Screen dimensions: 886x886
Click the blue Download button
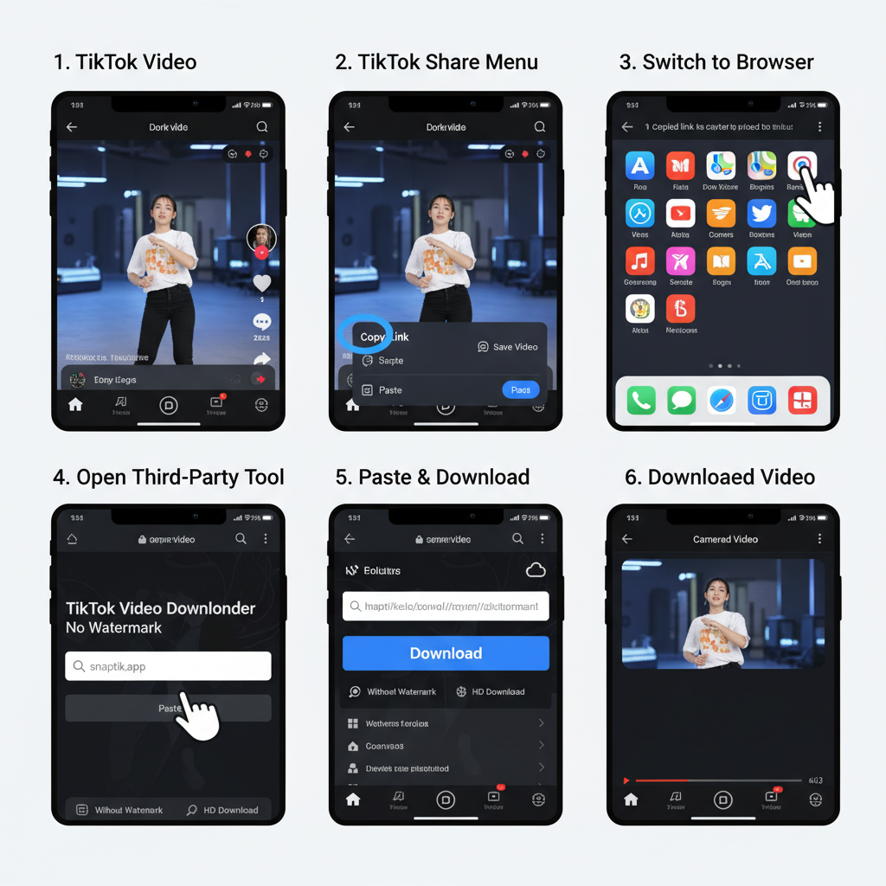click(446, 653)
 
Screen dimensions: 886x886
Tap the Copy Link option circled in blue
click(372, 337)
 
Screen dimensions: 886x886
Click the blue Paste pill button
click(520, 390)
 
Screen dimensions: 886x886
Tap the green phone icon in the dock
click(641, 401)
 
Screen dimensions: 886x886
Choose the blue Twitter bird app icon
click(761, 214)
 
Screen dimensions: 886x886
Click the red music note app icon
click(640, 261)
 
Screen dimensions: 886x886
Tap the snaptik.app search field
click(168, 666)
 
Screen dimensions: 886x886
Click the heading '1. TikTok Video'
click(125, 62)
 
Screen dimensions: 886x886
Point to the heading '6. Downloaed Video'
click(720, 477)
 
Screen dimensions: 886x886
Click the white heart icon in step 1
click(261, 283)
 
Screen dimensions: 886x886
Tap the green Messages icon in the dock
click(682, 401)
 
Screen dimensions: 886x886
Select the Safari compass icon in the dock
click(722, 401)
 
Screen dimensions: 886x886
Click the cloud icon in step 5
click(536, 570)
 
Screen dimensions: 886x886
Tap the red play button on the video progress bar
click(626, 780)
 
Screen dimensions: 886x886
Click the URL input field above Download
click(446, 607)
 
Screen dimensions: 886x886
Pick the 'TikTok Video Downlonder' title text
click(161, 608)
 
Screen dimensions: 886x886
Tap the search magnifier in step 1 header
click(261, 127)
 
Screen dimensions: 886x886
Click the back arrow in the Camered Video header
click(627, 539)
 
